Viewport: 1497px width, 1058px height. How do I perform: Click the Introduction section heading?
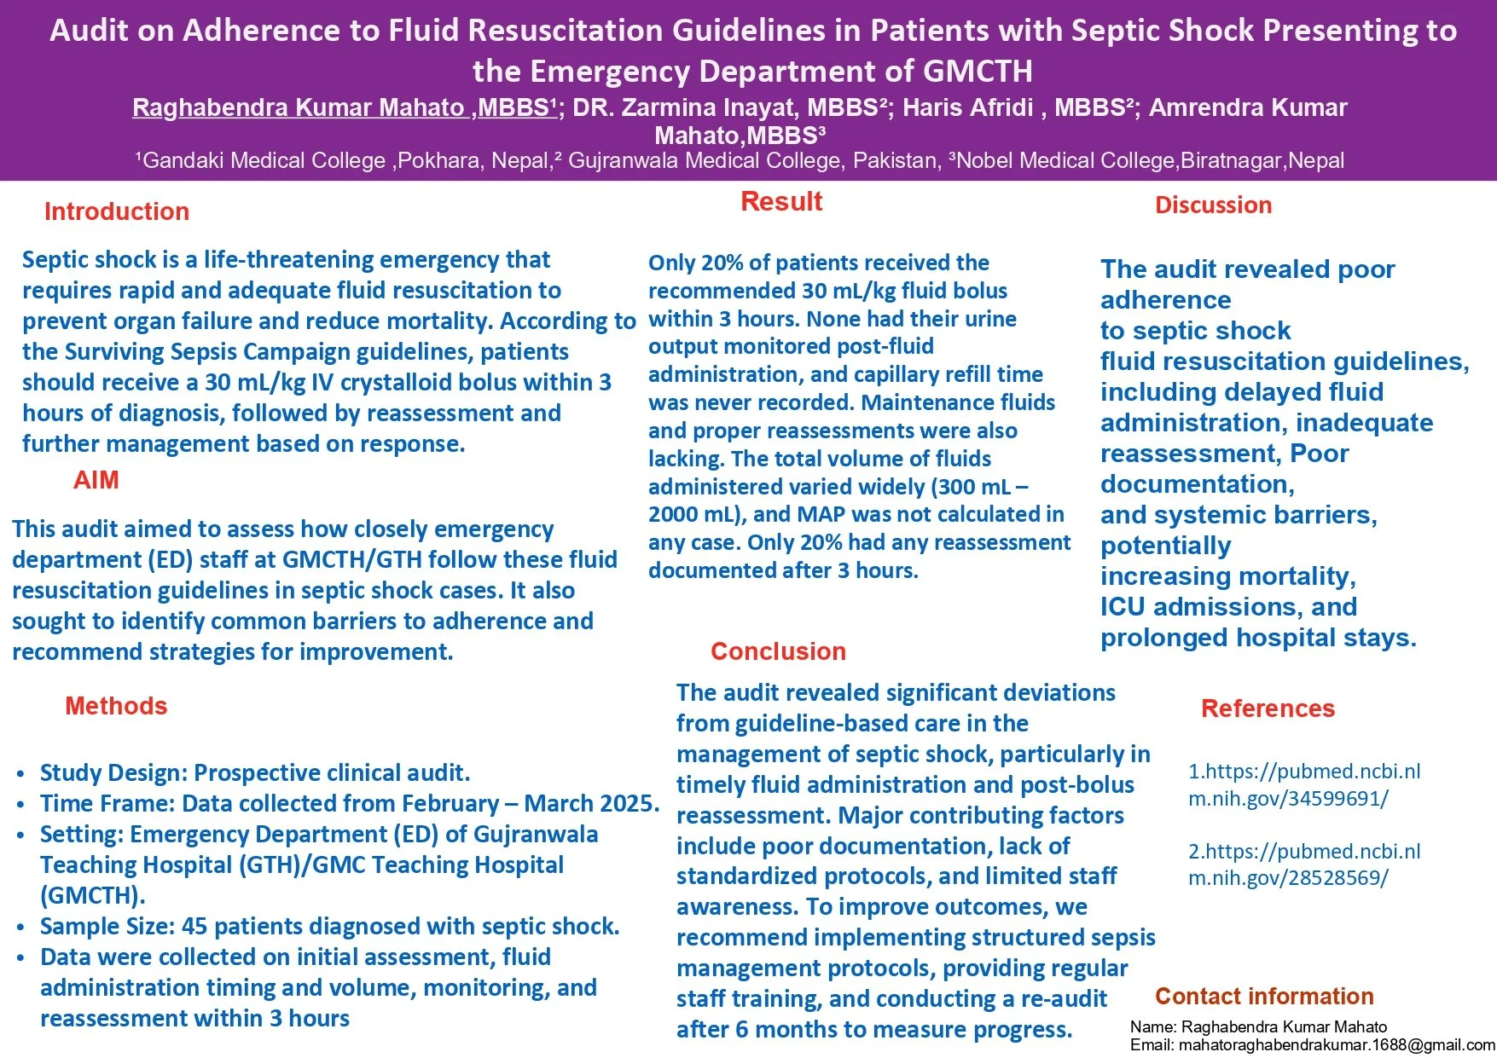(x=117, y=211)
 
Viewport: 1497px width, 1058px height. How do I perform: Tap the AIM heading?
(x=96, y=480)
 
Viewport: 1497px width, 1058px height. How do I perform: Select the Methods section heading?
(x=116, y=706)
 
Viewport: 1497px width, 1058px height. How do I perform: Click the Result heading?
(x=781, y=201)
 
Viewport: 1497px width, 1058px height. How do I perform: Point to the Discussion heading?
(x=1213, y=205)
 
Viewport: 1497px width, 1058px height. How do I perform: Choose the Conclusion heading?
(x=778, y=651)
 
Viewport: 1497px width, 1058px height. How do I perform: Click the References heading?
(x=1268, y=708)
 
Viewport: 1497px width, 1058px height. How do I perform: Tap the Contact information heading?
(x=1264, y=996)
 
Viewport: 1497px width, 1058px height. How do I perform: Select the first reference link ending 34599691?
(x=1304, y=784)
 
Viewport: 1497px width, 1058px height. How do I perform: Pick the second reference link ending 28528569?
(x=1304, y=864)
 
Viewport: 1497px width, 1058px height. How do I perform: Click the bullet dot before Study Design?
(x=20, y=774)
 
